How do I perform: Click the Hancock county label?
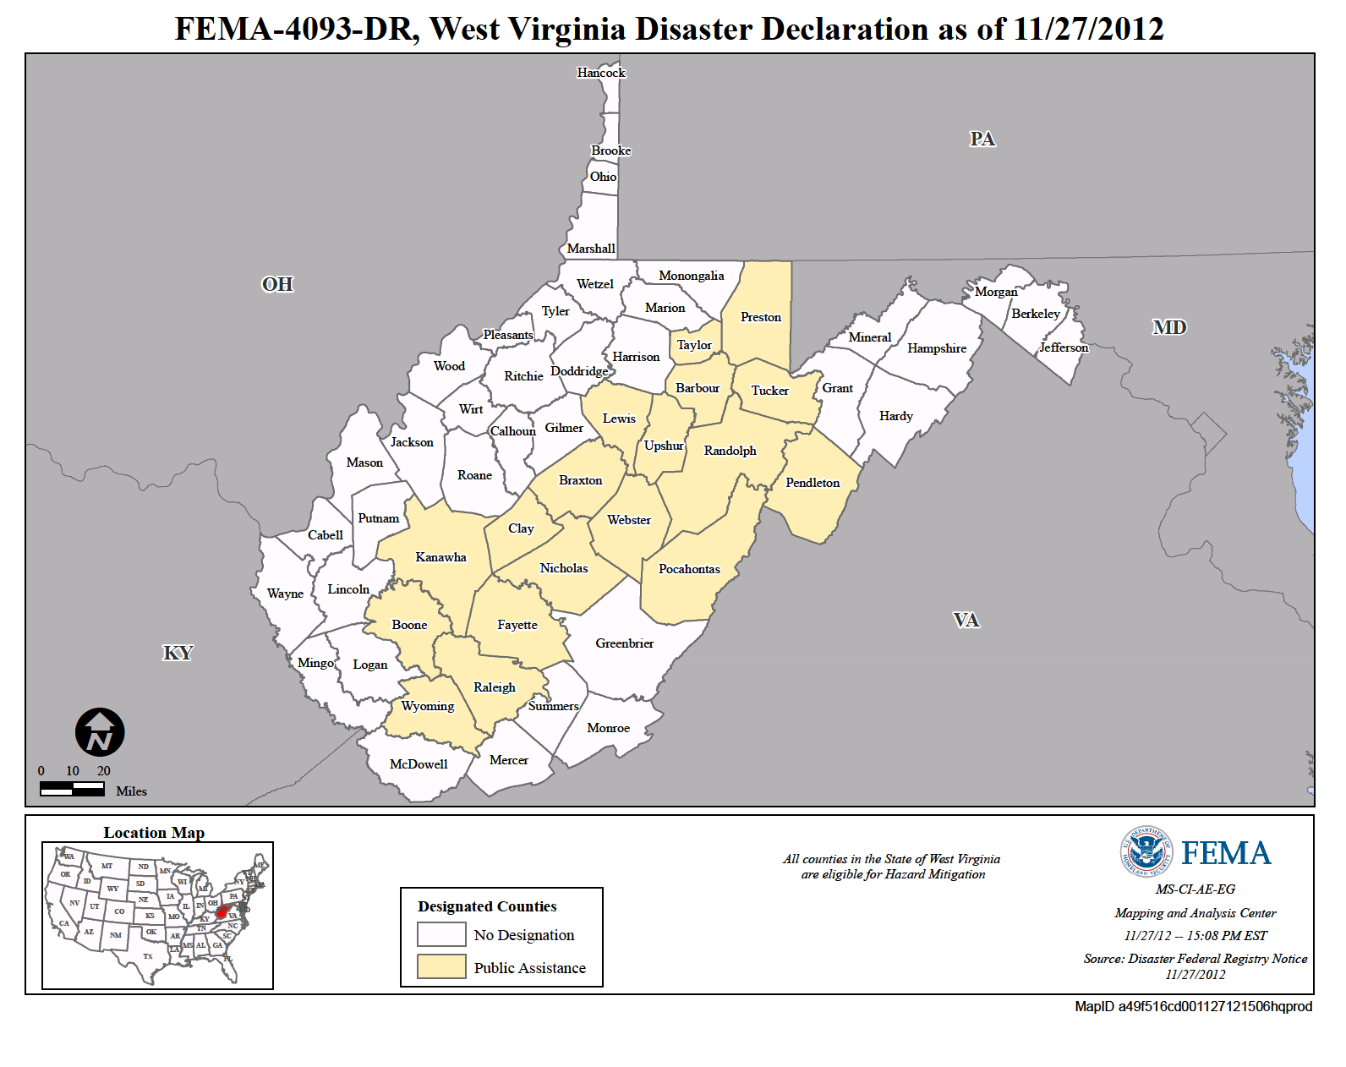click(x=601, y=73)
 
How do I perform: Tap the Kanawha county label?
click(x=440, y=557)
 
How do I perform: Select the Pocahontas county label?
click(x=689, y=569)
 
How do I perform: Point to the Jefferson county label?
click(x=1063, y=347)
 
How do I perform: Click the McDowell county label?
click(x=419, y=764)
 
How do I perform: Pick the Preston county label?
click(x=760, y=317)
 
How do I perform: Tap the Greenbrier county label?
click(x=624, y=643)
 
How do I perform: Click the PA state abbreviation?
click(x=982, y=139)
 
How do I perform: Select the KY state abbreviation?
click(x=178, y=653)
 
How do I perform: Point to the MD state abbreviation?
click(x=1169, y=327)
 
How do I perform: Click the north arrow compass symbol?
click(x=100, y=732)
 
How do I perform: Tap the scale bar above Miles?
click(x=72, y=789)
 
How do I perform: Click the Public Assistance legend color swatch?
click(x=441, y=966)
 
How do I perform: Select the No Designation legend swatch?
click(x=441, y=934)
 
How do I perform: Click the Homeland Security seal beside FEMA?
click(x=1146, y=851)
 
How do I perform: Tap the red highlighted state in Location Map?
click(x=222, y=912)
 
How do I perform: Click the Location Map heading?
click(x=154, y=833)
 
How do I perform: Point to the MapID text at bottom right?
click(x=1193, y=1006)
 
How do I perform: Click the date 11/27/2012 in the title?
click(x=1088, y=30)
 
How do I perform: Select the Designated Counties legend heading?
click(x=487, y=906)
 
